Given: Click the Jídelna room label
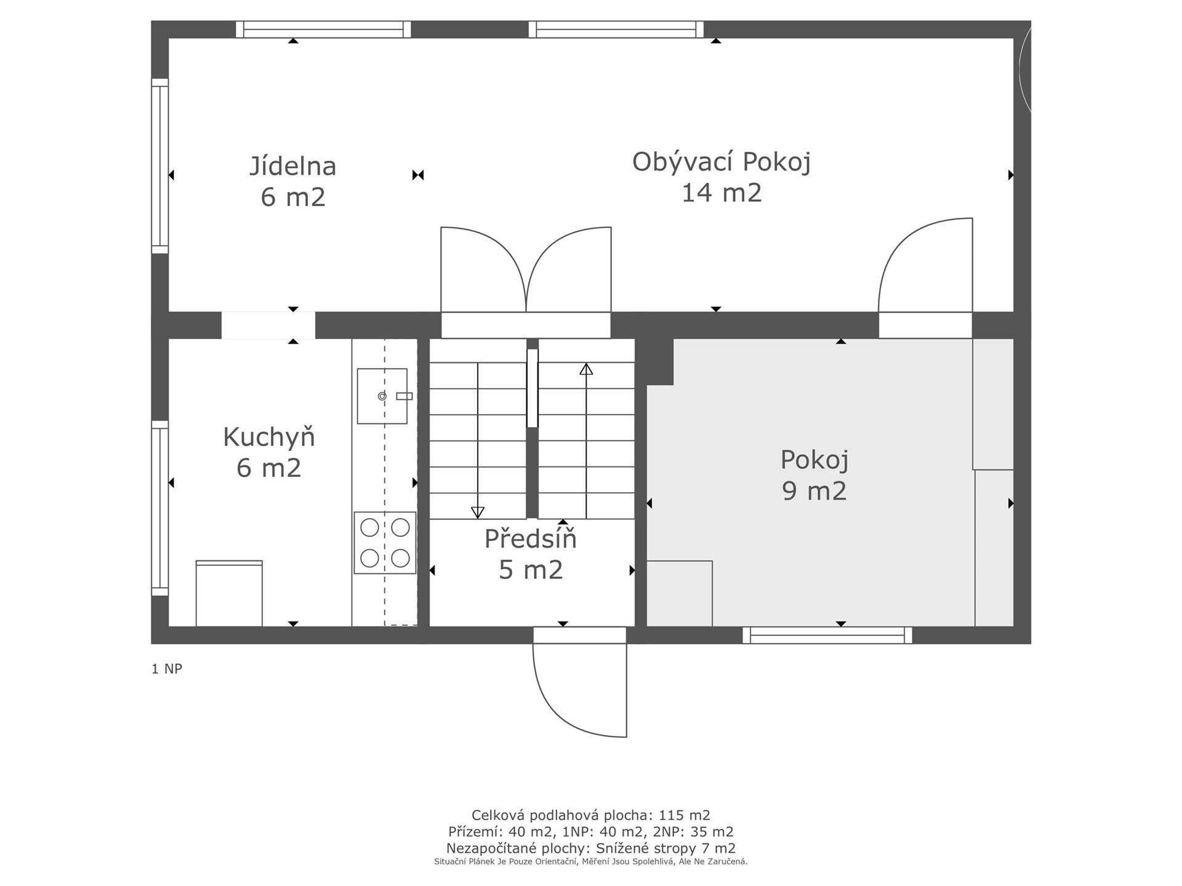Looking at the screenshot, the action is (x=292, y=166).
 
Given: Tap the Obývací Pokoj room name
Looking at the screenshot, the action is (x=721, y=162).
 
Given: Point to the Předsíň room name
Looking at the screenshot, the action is (x=530, y=538).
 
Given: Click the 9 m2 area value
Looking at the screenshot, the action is (x=814, y=491).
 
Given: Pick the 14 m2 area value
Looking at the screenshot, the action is (x=721, y=193).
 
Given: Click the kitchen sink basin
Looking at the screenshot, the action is (x=382, y=396).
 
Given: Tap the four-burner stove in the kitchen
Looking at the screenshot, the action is (x=385, y=543).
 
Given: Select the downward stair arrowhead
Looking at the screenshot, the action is (x=478, y=512).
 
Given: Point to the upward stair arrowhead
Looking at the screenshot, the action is (x=586, y=369).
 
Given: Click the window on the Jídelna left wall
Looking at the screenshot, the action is (x=160, y=166).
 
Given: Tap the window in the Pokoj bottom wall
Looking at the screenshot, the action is (x=827, y=636).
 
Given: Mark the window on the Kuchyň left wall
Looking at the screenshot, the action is (x=160, y=508).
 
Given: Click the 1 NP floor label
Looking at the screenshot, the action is (x=167, y=669).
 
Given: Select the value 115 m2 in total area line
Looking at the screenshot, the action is (x=685, y=815).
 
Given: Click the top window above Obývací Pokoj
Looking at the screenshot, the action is (x=616, y=30).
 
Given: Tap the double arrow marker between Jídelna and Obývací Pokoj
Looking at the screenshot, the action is (x=418, y=175).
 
